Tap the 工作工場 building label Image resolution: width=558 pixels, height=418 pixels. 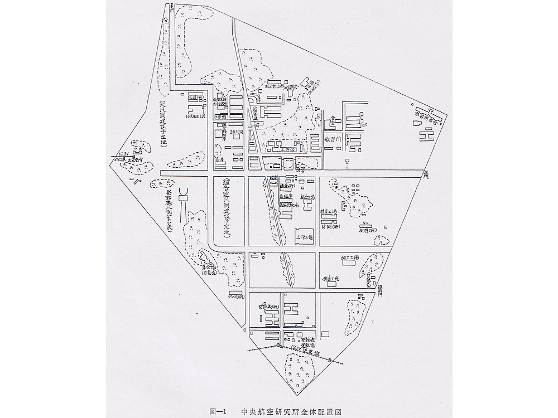coord(305,237)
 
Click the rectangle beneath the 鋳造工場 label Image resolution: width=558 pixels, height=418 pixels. coord(331,284)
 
